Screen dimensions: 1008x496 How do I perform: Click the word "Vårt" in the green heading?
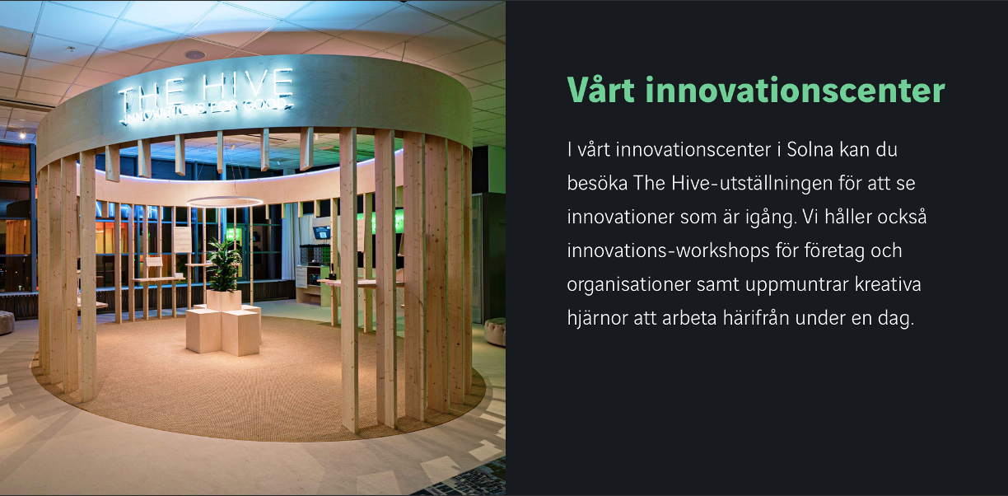600,90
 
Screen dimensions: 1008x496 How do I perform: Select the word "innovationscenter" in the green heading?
796,90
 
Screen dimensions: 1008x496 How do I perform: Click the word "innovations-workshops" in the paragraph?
668,251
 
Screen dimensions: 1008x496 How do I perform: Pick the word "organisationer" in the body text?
628,285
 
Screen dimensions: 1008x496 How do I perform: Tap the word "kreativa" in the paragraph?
888,285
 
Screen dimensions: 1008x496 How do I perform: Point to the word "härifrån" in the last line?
755,318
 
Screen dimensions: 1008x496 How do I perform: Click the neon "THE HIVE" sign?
205,89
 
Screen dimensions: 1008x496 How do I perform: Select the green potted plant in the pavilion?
224,264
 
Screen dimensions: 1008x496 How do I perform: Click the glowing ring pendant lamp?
224,198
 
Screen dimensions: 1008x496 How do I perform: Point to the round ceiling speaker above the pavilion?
195,55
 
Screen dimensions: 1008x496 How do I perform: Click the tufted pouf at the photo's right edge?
496,332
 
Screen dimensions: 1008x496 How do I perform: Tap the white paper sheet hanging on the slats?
182,240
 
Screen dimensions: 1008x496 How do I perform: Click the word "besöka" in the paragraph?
597,184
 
